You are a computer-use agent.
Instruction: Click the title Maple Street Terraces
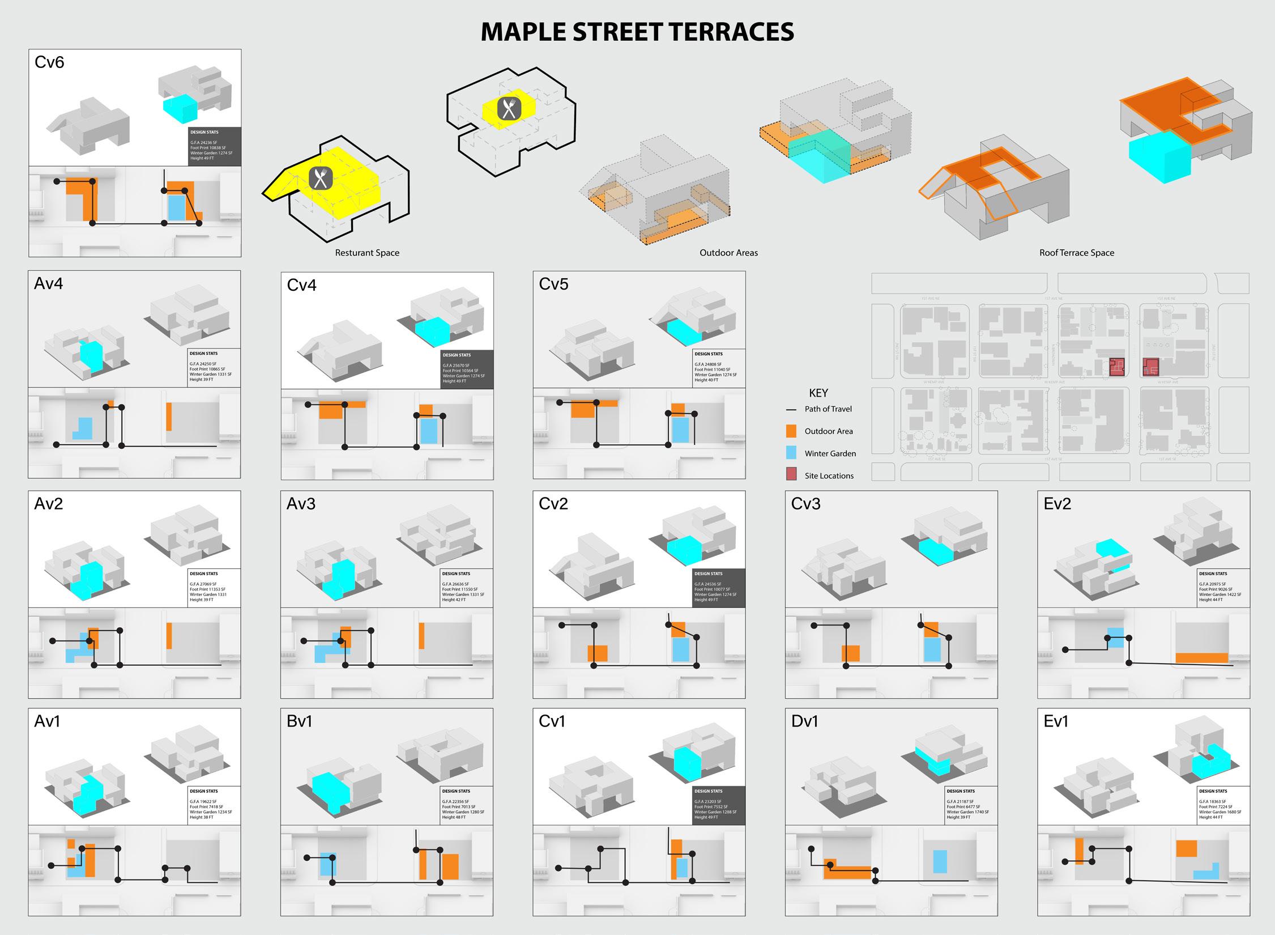click(x=637, y=32)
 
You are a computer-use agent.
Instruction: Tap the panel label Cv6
click(x=49, y=62)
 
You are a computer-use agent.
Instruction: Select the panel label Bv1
click(x=299, y=721)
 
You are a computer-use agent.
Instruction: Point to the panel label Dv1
click(x=804, y=721)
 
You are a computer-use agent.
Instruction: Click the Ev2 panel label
click(x=1057, y=504)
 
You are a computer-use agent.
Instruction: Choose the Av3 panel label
click(x=301, y=504)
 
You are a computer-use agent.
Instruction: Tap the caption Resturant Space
click(x=367, y=253)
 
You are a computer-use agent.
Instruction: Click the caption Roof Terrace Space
click(x=1076, y=253)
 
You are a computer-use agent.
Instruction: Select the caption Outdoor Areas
click(x=728, y=253)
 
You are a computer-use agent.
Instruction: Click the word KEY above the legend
click(x=818, y=393)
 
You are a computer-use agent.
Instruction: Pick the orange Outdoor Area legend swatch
click(x=791, y=431)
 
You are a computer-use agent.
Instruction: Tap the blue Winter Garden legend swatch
click(x=791, y=453)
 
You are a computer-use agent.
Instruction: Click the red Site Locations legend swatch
click(x=791, y=475)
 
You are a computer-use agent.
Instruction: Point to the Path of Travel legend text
click(x=828, y=409)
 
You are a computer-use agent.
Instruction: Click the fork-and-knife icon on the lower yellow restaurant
click(x=321, y=178)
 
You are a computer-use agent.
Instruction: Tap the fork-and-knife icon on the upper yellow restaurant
click(x=509, y=109)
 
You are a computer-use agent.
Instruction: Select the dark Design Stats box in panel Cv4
click(x=467, y=369)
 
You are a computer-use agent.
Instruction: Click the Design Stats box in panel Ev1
click(x=1224, y=805)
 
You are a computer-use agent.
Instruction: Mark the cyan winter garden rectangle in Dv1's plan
click(x=940, y=861)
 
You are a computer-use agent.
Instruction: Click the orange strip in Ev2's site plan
click(x=1201, y=658)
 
